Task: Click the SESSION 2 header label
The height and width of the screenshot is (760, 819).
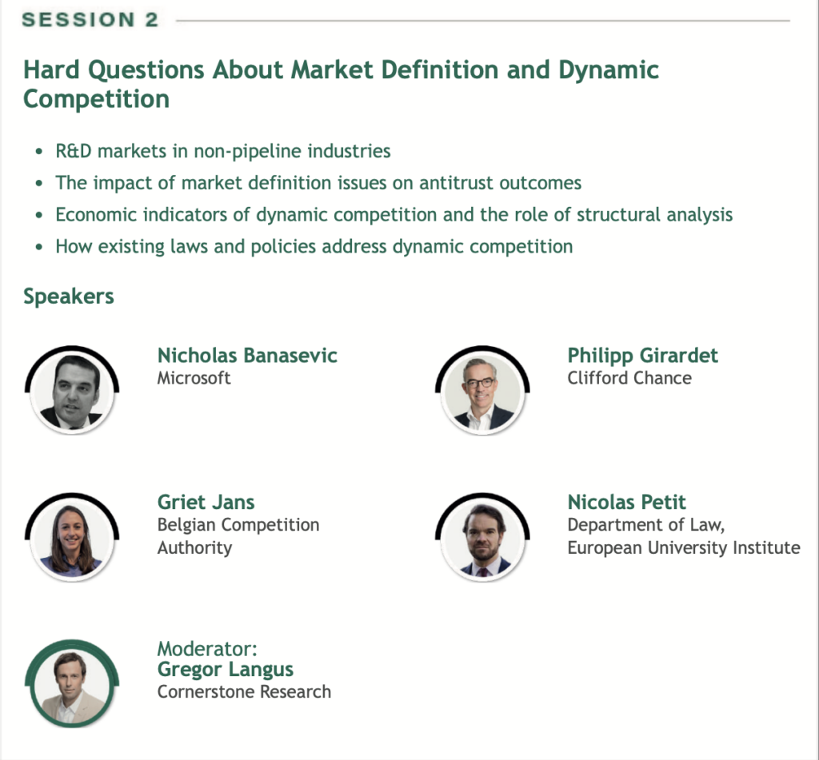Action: (x=90, y=20)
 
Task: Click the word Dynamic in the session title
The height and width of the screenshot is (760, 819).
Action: (x=609, y=70)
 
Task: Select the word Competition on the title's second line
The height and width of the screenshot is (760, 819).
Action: (x=97, y=99)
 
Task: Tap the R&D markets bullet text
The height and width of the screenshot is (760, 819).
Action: (x=223, y=151)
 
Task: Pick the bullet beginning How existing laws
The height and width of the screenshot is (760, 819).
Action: (x=314, y=247)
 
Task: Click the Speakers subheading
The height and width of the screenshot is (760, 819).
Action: (x=69, y=297)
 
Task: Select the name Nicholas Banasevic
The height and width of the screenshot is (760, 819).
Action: (x=247, y=356)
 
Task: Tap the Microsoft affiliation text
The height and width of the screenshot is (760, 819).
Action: (x=194, y=378)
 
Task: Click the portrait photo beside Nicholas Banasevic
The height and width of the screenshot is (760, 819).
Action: (x=72, y=391)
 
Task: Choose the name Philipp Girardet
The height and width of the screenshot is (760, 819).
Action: (x=642, y=356)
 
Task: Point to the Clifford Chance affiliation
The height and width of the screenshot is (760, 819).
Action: (x=629, y=378)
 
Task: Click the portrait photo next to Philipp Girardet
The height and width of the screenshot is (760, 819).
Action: (x=482, y=391)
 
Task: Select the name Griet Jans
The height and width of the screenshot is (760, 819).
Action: (x=206, y=502)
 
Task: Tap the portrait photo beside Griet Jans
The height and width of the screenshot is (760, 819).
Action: (x=72, y=538)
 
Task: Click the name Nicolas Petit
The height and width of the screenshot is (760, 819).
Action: (x=626, y=502)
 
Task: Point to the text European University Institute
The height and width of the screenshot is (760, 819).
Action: (x=684, y=548)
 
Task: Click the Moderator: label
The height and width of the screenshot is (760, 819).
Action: (x=207, y=649)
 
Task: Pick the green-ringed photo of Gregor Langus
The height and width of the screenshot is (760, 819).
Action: (x=72, y=684)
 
